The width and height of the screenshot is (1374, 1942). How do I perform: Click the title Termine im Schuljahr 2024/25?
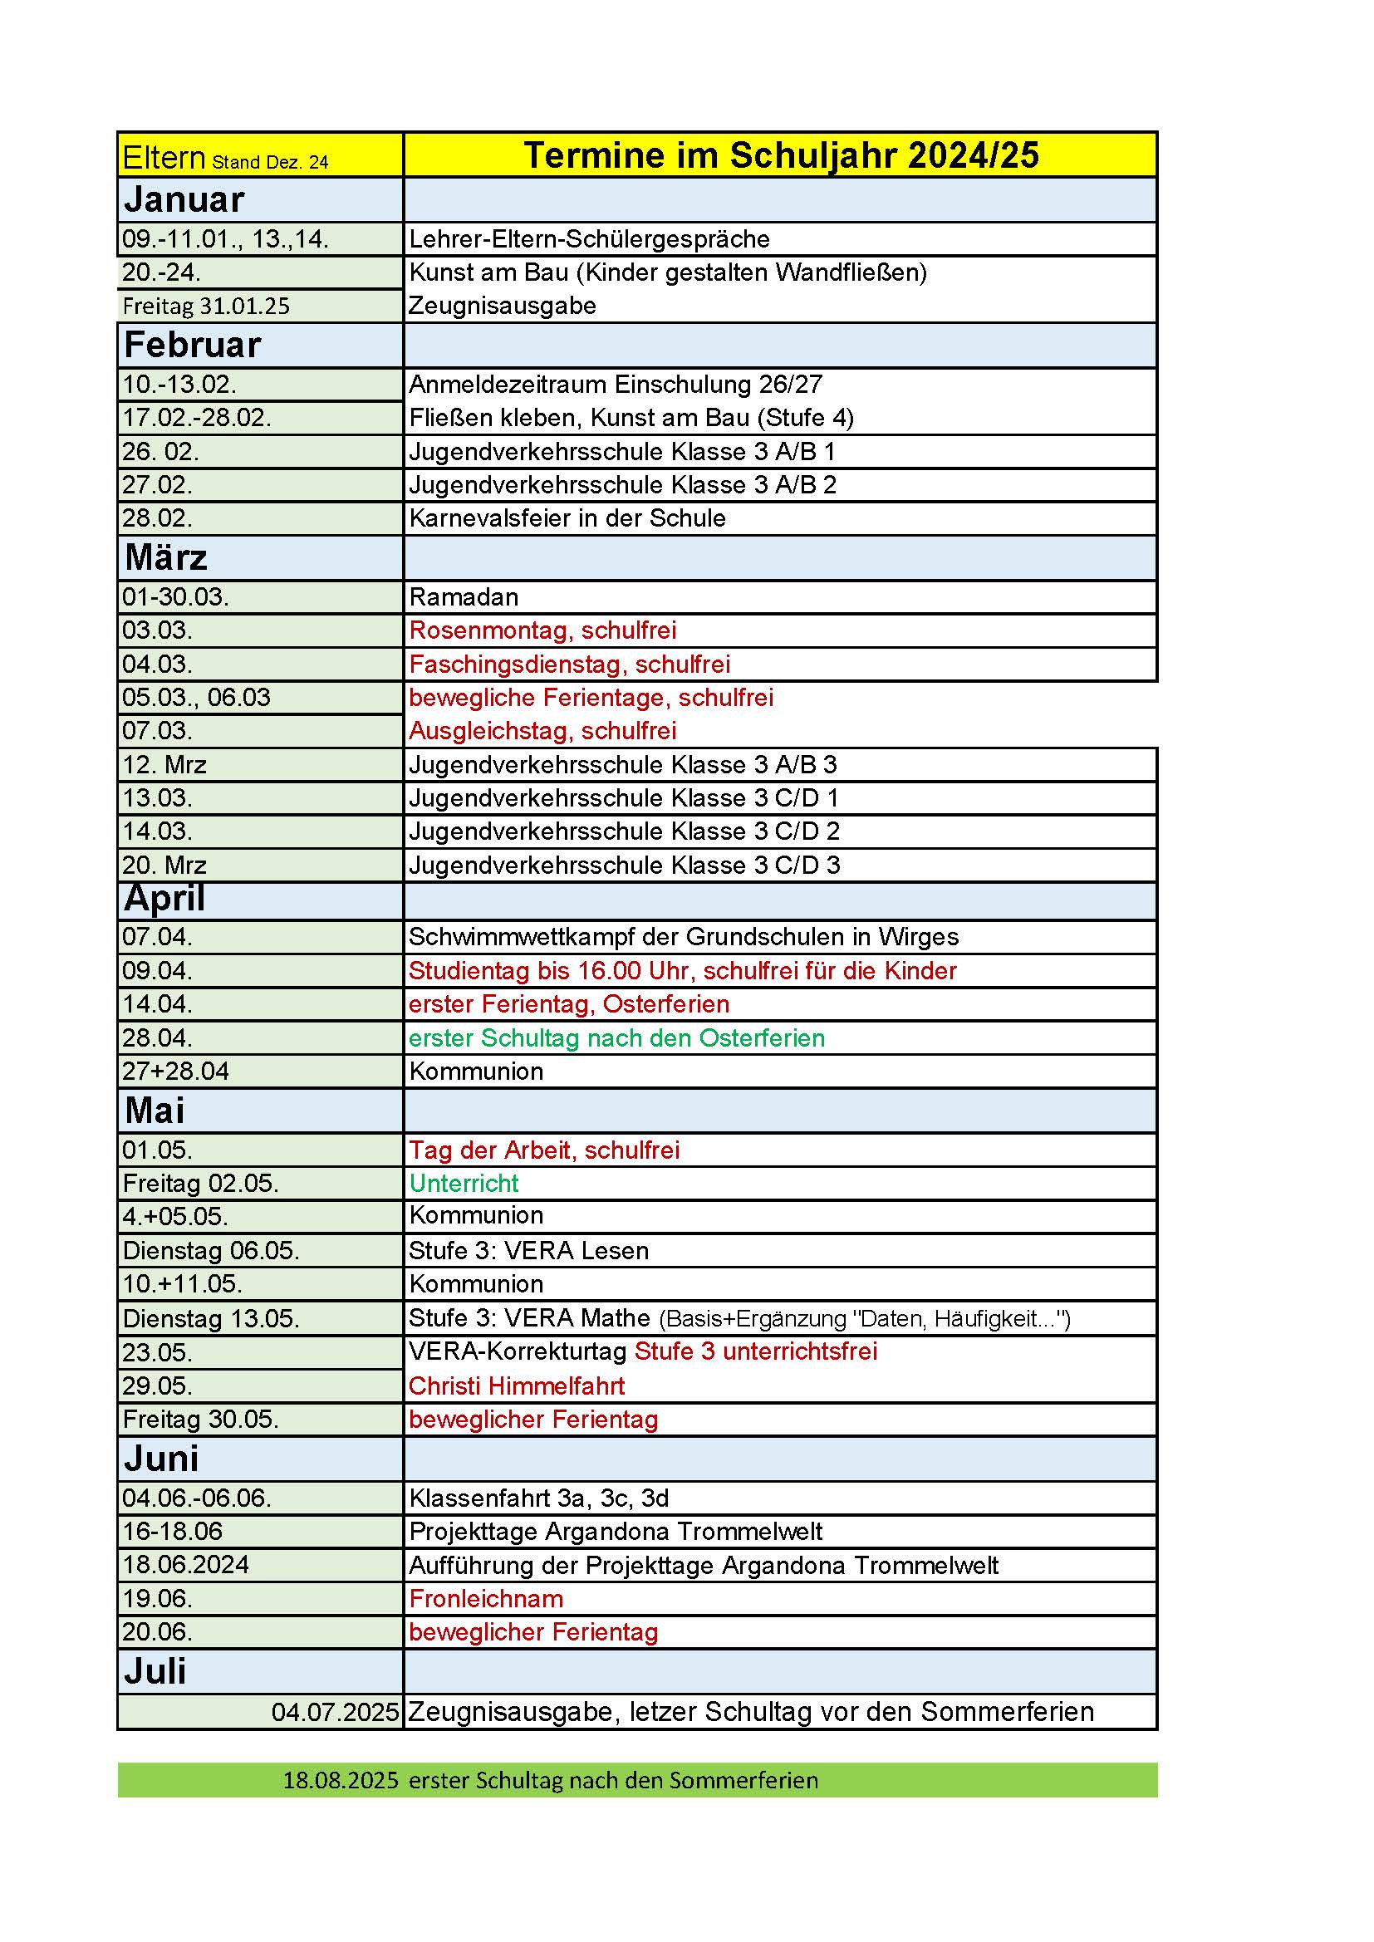[780, 155]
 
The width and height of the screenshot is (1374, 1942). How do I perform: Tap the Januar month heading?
[184, 199]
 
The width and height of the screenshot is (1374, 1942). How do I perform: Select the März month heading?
[166, 557]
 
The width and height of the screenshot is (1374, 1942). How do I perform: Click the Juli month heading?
[155, 1671]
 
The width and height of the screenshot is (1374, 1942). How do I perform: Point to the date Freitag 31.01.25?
[205, 306]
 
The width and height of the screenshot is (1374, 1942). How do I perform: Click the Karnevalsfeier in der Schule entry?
[567, 517]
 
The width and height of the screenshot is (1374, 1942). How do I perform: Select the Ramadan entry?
[464, 597]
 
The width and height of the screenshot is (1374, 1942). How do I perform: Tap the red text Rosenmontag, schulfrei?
[542, 630]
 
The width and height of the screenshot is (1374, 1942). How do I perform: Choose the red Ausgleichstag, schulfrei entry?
[542, 731]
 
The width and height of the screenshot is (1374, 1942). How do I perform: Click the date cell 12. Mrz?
[164, 765]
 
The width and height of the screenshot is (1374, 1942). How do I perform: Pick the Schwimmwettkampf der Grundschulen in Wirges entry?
[684, 936]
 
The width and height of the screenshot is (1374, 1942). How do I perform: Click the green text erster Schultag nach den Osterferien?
[616, 1037]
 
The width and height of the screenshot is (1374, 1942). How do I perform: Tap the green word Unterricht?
[464, 1184]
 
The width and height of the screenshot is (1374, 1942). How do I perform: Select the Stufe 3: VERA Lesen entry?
[529, 1250]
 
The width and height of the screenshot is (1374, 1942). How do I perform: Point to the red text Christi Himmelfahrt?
[516, 1385]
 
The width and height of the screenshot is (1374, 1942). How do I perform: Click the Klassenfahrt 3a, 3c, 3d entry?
[539, 1498]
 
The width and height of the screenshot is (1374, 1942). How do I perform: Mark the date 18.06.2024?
[185, 1565]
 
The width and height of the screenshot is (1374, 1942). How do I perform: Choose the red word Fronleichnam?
[486, 1599]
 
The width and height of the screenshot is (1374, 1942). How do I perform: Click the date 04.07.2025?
[335, 1713]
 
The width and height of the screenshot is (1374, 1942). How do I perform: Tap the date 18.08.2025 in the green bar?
[340, 1781]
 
